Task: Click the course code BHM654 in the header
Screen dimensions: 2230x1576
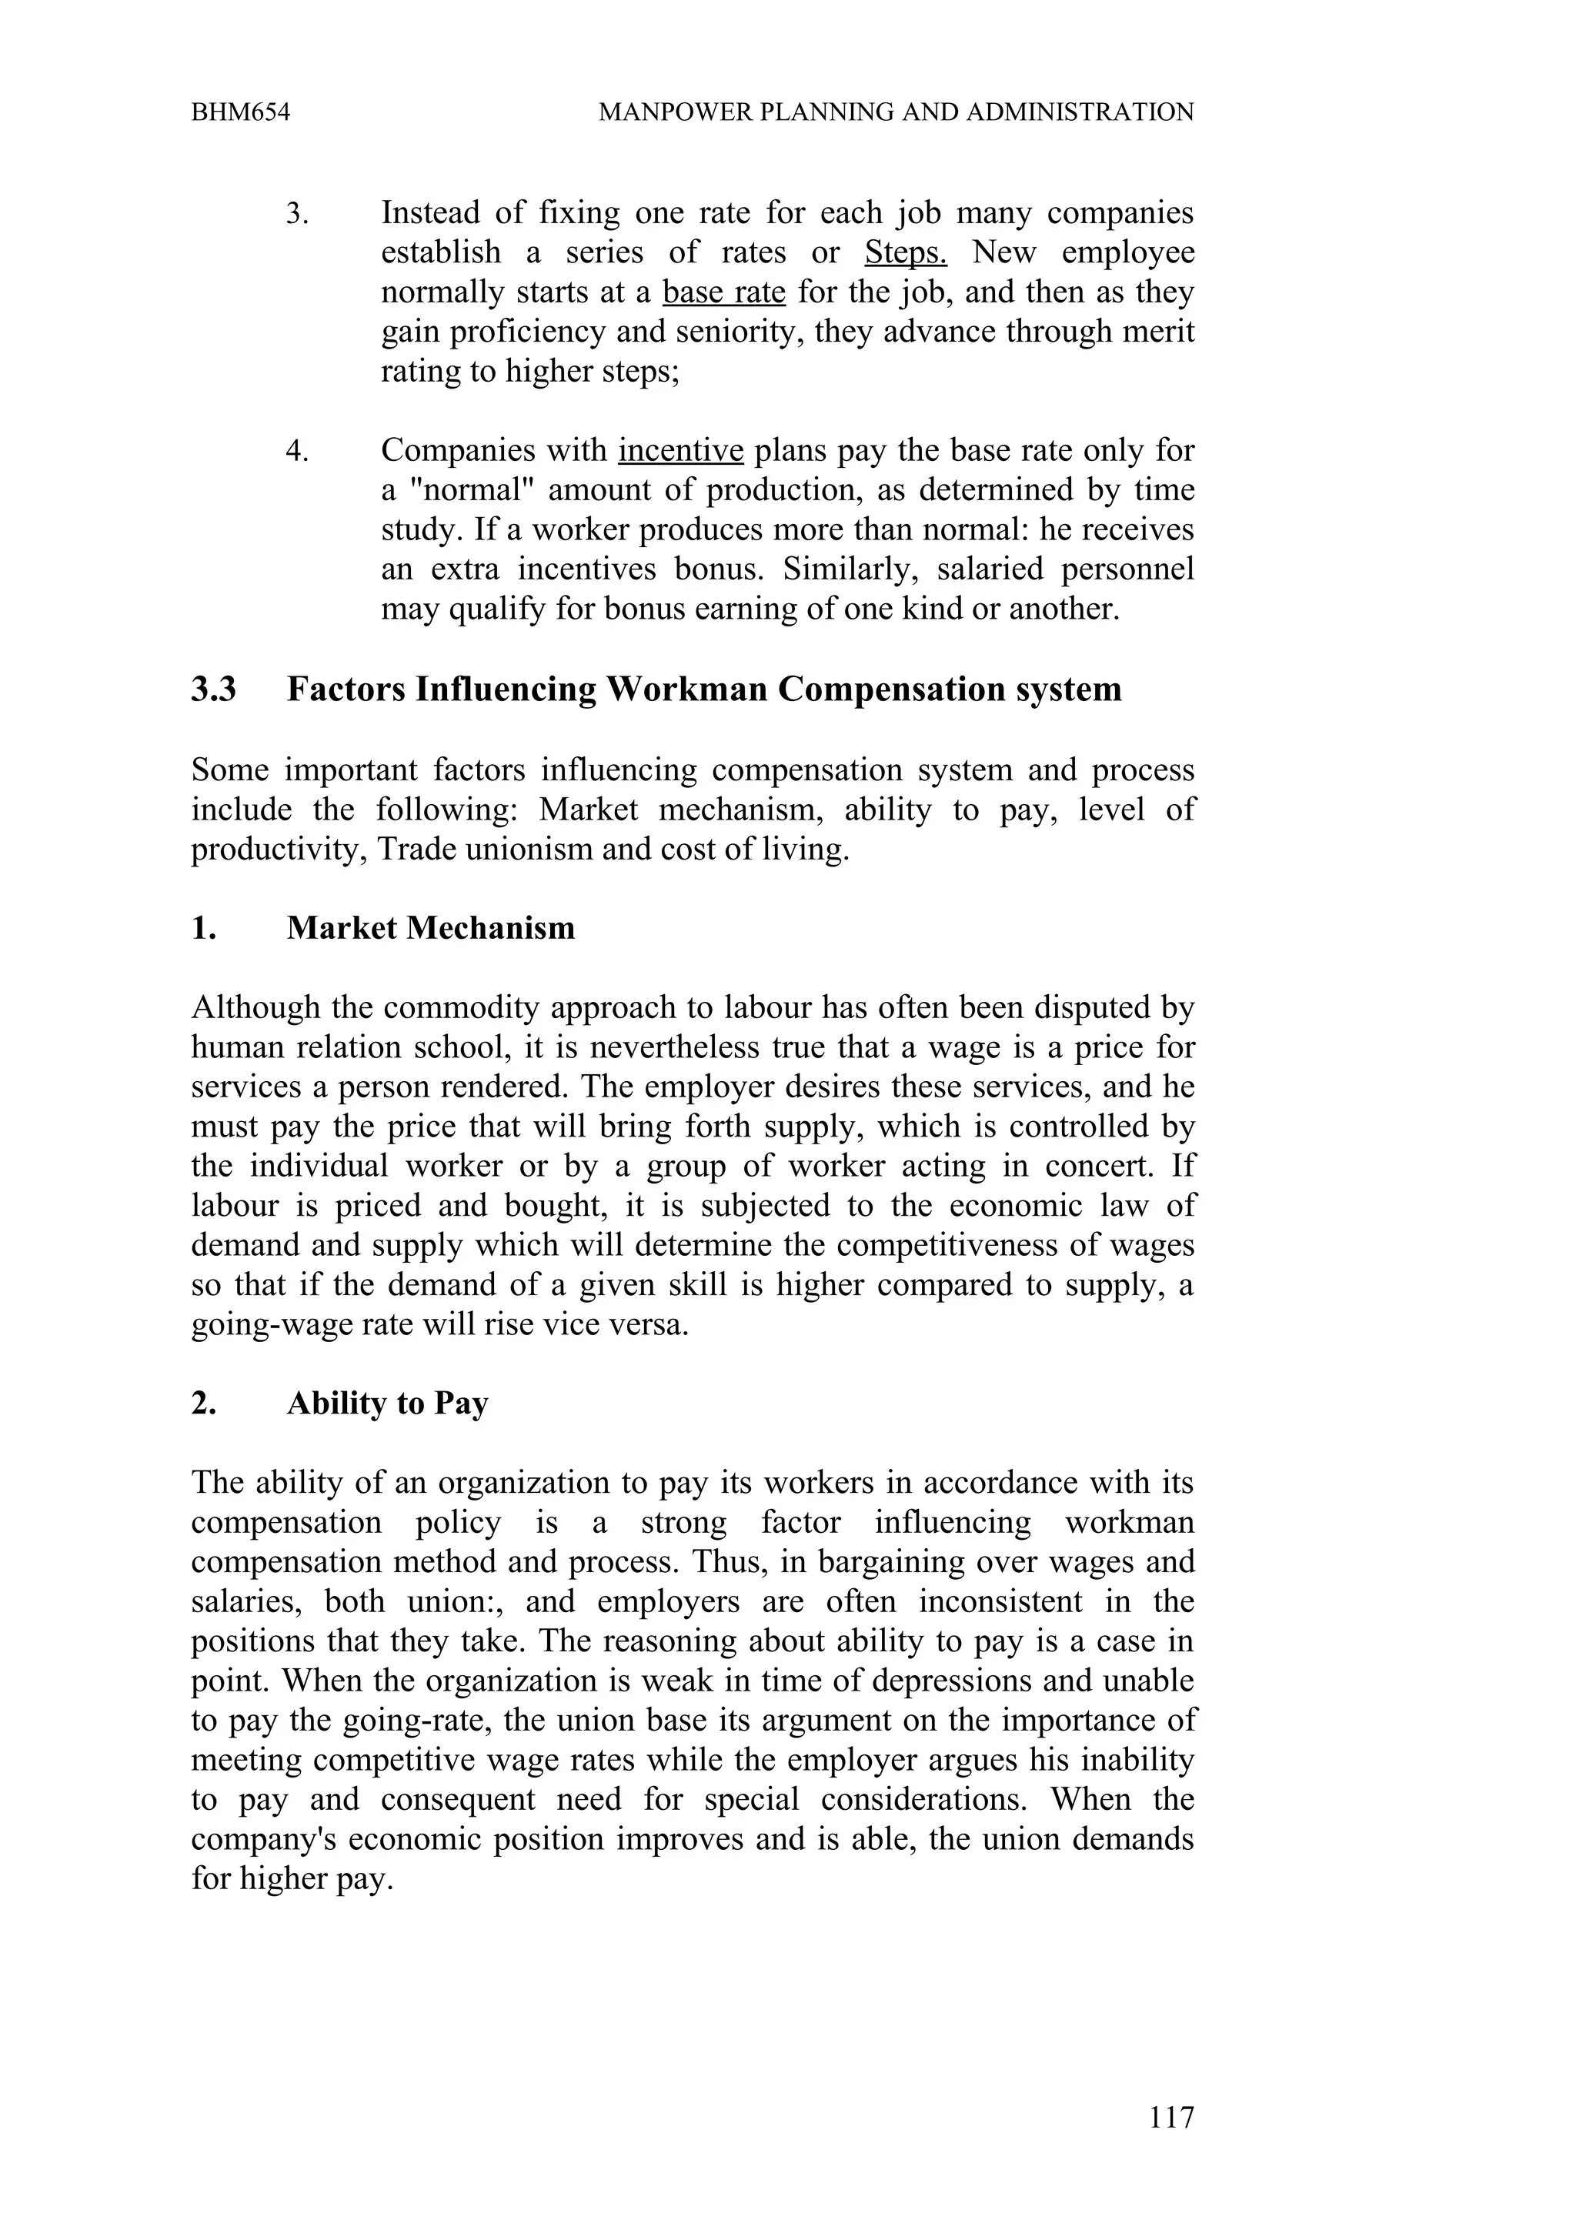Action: pyautogui.click(x=241, y=112)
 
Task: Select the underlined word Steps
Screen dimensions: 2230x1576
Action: pyautogui.click(x=905, y=252)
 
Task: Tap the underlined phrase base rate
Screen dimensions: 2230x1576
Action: pyautogui.click(x=723, y=292)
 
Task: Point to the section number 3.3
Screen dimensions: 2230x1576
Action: pyautogui.click(x=214, y=689)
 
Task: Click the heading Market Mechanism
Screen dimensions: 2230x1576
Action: pyautogui.click(x=430, y=927)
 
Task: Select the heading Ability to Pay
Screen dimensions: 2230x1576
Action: pyautogui.click(x=386, y=1404)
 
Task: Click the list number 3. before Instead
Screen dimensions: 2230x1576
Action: pyautogui.click(x=296, y=212)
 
